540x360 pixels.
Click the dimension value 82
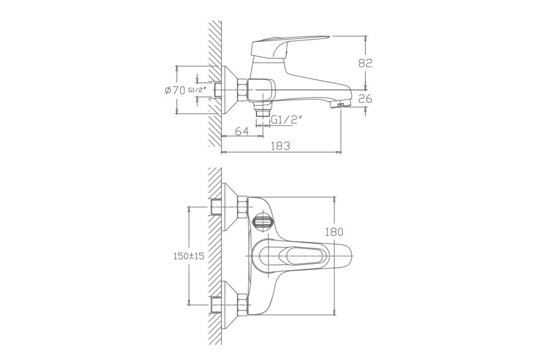365,63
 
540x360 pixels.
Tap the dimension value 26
365,99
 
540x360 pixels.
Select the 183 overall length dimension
280,146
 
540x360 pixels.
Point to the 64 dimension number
242,131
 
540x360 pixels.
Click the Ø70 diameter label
175,90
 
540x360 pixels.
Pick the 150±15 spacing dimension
189,256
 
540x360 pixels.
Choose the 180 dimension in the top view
334,232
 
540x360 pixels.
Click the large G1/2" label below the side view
286,120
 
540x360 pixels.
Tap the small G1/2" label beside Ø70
197,90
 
